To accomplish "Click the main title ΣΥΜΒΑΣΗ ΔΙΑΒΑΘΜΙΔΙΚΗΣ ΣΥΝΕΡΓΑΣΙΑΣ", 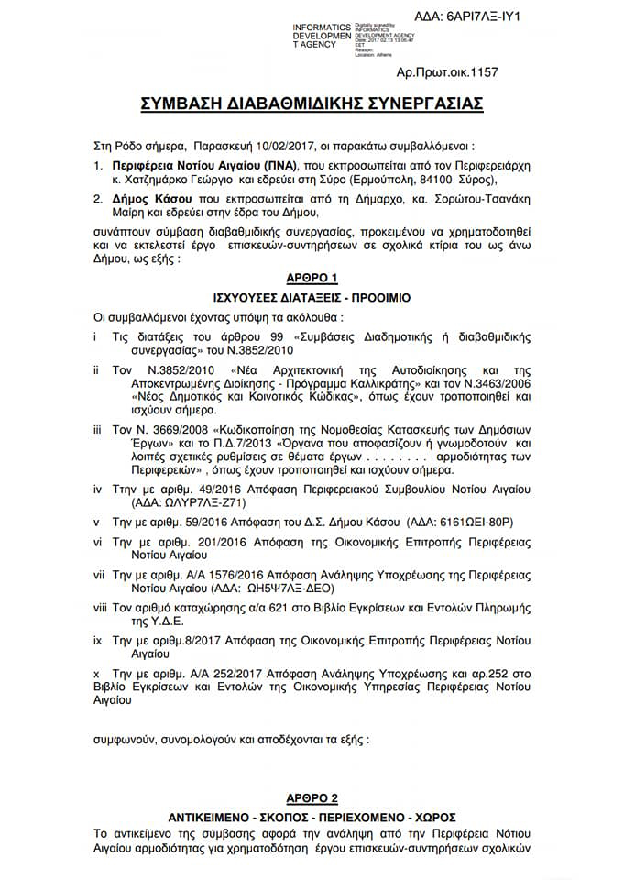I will [x=312, y=104].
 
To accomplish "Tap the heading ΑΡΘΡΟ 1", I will [x=311, y=278].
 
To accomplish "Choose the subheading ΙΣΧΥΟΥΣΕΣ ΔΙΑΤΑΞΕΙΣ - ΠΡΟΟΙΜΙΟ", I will [x=312, y=298].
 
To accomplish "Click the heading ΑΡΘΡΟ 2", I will [x=311, y=797].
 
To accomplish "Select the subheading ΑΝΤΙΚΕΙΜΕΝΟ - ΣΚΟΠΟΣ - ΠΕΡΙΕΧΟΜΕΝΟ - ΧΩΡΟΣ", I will [x=312, y=817].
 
